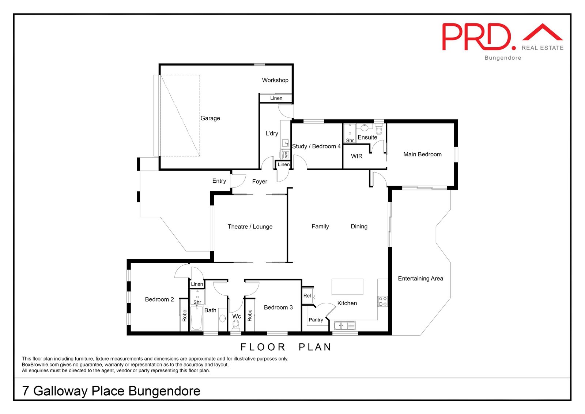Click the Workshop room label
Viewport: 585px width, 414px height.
tap(275, 80)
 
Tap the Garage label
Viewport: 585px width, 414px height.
tap(210, 118)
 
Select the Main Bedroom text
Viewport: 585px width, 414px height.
tap(422, 154)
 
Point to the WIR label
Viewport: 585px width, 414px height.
tap(356, 156)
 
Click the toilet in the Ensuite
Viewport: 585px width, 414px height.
tap(379, 130)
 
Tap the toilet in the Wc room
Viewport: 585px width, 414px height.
tap(236, 325)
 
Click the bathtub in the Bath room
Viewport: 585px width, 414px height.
tap(197, 318)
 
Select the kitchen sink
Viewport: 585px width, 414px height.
tap(344, 325)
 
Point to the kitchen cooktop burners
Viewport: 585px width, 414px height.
tap(383, 301)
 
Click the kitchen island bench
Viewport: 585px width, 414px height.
tap(347, 287)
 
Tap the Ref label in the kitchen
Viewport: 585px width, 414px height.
tap(307, 296)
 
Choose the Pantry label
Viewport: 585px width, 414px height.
tap(316, 320)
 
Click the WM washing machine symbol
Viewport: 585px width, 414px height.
tap(286, 154)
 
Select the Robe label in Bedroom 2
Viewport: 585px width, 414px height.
tap(185, 316)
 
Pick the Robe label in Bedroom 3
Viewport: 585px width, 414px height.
tap(250, 316)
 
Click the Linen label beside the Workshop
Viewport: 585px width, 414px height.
tap(276, 98)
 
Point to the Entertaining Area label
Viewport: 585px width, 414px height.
tap(420, 279)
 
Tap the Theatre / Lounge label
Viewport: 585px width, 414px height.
tap(250, 227)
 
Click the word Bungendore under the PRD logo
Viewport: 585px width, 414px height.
tap(503, 58)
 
